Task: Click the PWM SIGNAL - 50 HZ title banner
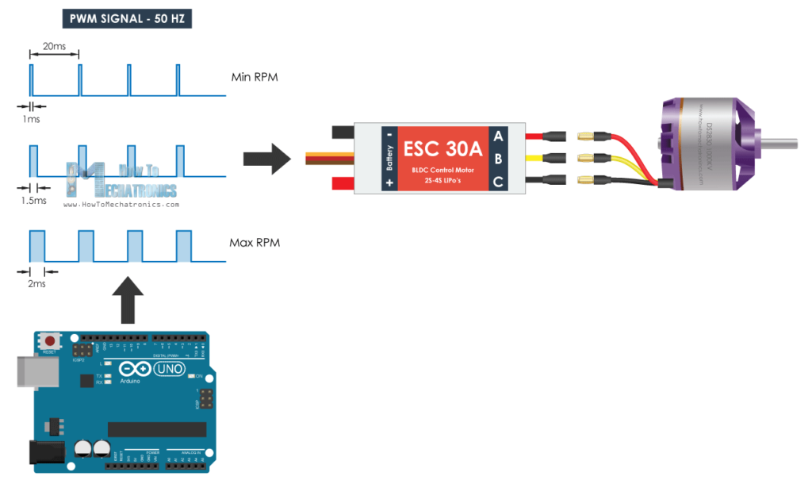tap(126, 18)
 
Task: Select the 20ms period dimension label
tap(54, 47)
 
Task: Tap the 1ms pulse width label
tap(32, 118)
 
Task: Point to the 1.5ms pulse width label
tap(34, 200)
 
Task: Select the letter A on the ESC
tap(498, 136)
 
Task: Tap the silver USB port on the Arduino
tap(30, 371)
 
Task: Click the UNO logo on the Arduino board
tap(168, 369)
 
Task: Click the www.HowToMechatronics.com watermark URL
tap(121, 204)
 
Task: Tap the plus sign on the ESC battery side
tap(389, 182)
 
